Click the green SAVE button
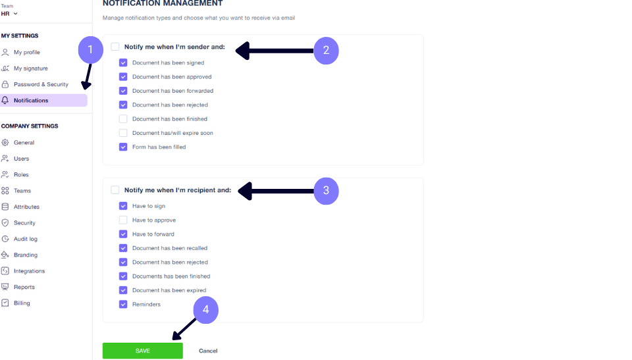coord(142,351)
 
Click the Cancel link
coord(208,351)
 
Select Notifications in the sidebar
coord(43,101)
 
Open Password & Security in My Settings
coord(41,84)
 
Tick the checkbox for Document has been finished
coord(123,119)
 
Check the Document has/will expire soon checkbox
coord(123,133)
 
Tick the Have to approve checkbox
coord(123,220)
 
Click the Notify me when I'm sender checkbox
coord(115,47)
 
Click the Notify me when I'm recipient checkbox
coord(115,190)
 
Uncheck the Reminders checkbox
coord(123,304)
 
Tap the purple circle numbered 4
coord(206,309)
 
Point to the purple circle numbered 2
coord(326,51)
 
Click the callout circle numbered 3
coord(326,191)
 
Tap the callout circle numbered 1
coord(90,49)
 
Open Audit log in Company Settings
coord(25,239)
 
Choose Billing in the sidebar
coord(21,303)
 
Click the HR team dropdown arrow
coord(16,14)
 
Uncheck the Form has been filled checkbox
coord(123,147)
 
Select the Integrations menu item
coord(29,271)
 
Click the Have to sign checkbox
coord(123,206)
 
